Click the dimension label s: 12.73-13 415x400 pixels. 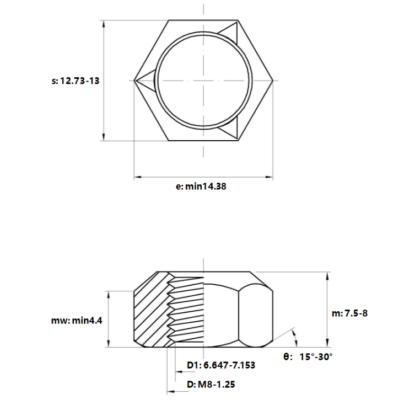pyautogui.click(x=76, y=81)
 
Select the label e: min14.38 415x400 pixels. pyautogui.click(x=201, y=186)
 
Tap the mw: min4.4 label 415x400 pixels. pyautogui.click(x=77, y=321)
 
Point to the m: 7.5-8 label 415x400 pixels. pyautogui.click(x=349, y=313)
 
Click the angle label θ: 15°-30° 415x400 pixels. pyautogui.click(x=308, y=357)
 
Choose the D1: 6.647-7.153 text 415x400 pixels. pyautogui.click(x=221, y=365)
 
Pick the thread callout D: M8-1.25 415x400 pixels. pyautogui.click(x=211, y=385)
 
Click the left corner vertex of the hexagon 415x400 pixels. pyautogui.click(x=134, y=80)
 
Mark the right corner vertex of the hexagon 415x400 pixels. pyautogui.click(x=273, y=80)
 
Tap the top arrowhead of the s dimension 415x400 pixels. pyautogui.click(x=104, y=24)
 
